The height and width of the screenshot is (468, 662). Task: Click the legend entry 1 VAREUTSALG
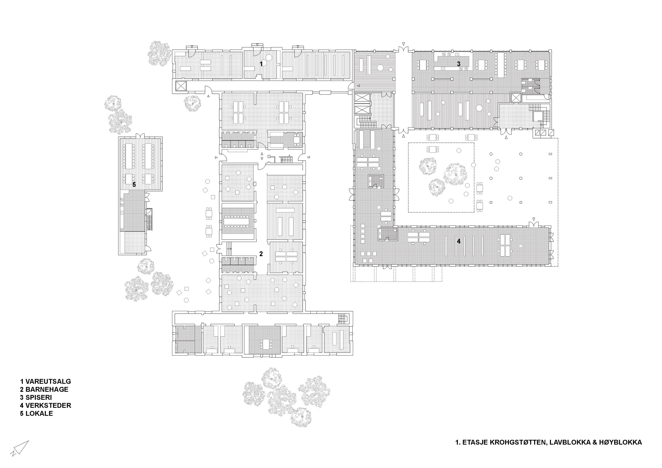(46, 381)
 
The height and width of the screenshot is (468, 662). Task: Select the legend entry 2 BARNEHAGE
(44, 389)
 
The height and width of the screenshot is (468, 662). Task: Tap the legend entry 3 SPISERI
(36, 397)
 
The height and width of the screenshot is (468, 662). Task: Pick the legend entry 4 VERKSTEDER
(46, 405)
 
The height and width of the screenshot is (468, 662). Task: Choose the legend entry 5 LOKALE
(37, 413)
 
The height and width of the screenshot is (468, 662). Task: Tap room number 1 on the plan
(261, 64)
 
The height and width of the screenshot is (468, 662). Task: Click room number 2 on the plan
(261, 254)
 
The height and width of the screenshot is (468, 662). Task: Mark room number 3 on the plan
(459, 64)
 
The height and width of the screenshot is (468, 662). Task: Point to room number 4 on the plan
(459, 241)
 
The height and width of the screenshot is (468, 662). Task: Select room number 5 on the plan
(134, 185)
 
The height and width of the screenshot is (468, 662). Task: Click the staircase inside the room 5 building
(150, 219)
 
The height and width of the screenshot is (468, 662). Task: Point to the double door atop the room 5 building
(141, 135)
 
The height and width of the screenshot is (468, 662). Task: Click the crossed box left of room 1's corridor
(181, 86)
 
